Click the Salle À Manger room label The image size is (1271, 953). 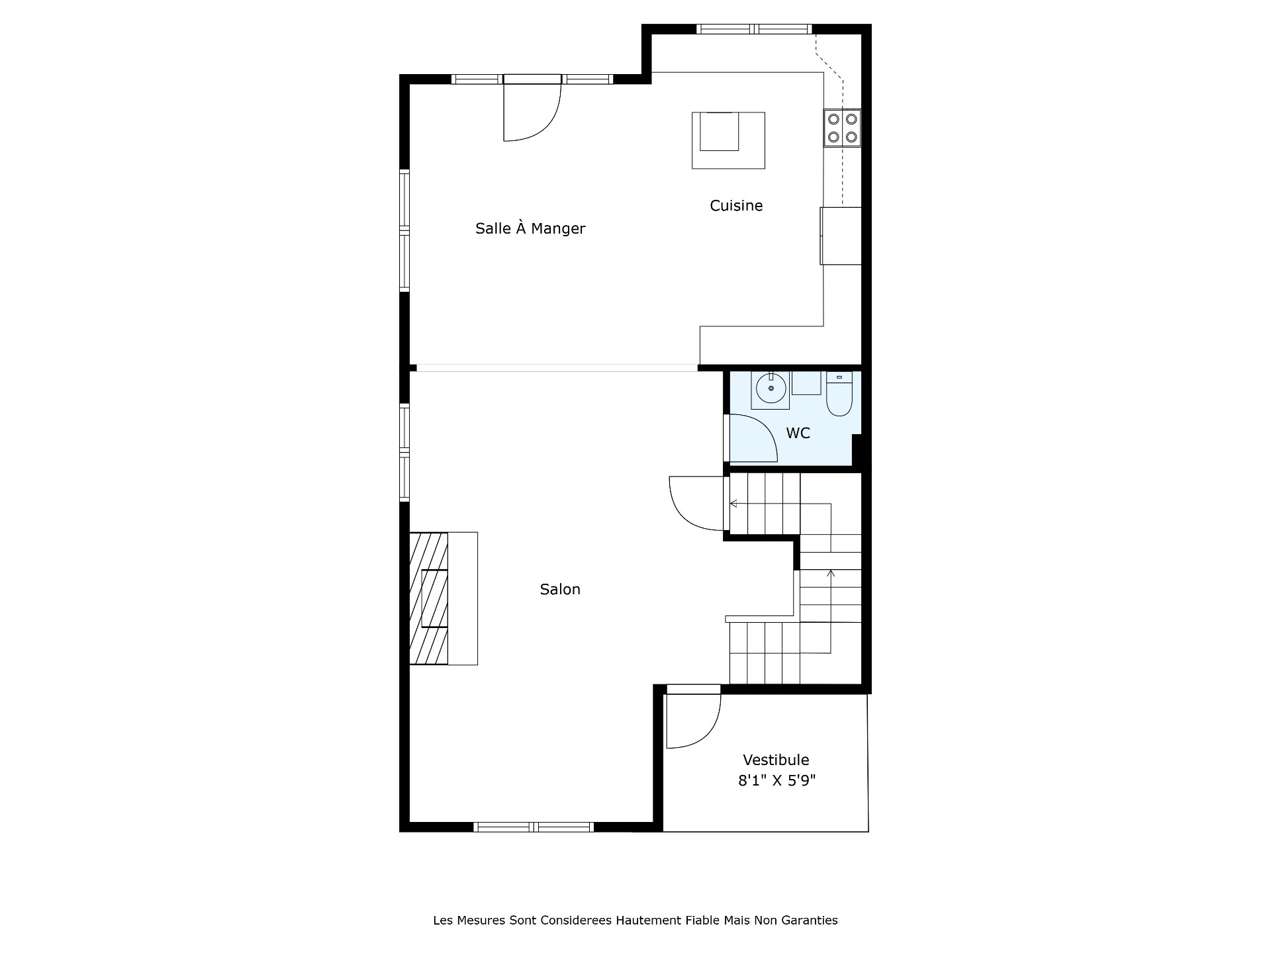(530, 228)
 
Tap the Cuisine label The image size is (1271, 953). (736, 206)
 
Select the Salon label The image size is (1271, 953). (560, 589)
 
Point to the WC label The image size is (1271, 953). (798, 433)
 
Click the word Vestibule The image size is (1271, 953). (776, 760)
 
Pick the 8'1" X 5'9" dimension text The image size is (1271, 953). (777, 780)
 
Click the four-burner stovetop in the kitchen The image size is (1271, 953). (843, 128)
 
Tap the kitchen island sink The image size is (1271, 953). (720, 132)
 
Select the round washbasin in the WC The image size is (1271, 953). (770, 390)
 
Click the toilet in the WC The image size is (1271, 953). (839, 394)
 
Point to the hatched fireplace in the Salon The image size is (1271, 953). (429, 598)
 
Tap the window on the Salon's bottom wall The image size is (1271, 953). (534, 827)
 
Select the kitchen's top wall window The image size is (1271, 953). (754, 29)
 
